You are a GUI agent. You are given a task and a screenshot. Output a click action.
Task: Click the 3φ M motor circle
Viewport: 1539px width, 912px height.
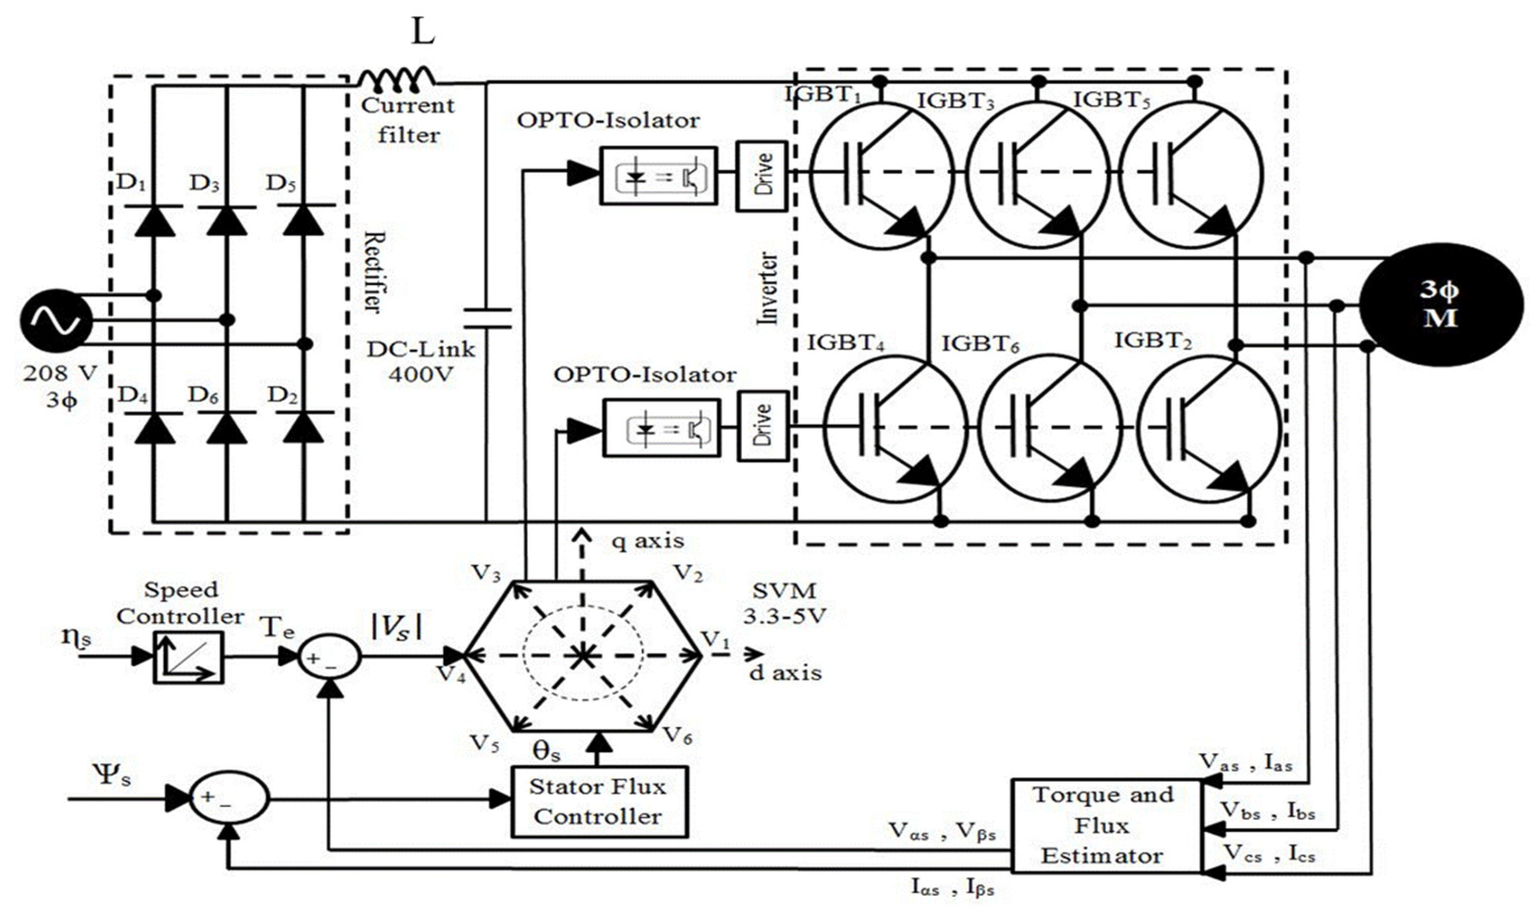click(1440, 304)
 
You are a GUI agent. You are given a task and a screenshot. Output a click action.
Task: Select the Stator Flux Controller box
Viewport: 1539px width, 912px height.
click(599, 801)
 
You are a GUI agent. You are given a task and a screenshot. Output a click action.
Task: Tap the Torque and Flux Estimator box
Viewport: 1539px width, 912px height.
click(1105, 826)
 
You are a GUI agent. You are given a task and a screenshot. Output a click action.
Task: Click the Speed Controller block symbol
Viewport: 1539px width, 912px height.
click(188, 657)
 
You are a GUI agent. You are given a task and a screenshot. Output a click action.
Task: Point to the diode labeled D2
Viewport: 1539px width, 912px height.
click(304, 428)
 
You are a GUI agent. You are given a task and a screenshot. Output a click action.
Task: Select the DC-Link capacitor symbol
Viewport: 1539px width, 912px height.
click(487, 318)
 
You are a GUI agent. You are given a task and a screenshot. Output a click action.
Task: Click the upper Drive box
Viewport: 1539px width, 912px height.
click(763, 175)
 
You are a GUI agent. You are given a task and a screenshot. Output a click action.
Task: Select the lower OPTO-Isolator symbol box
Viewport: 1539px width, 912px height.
click(661, 428)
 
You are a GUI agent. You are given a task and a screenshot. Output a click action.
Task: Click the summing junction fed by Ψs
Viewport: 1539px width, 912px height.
click(228, 799)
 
